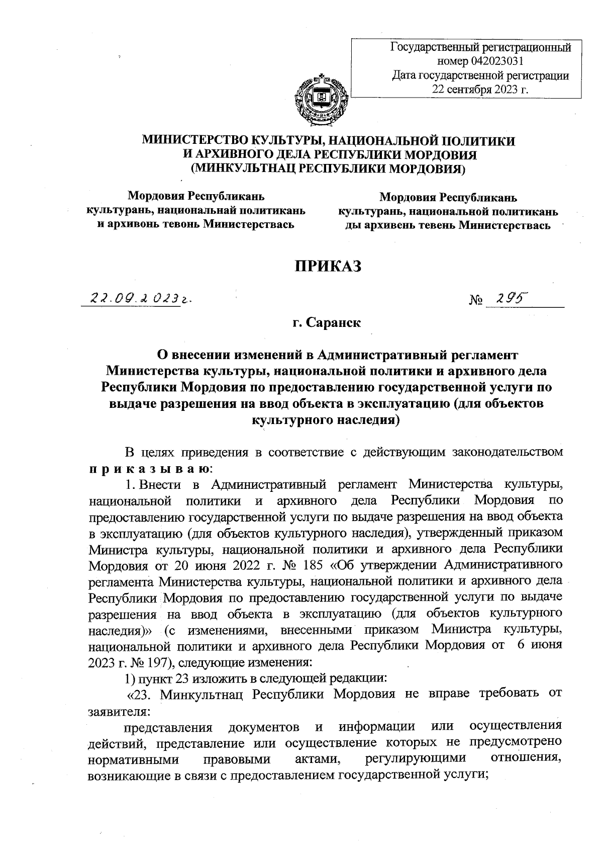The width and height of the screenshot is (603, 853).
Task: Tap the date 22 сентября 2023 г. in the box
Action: point(481,90)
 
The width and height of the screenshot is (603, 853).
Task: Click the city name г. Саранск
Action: point(328,322)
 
